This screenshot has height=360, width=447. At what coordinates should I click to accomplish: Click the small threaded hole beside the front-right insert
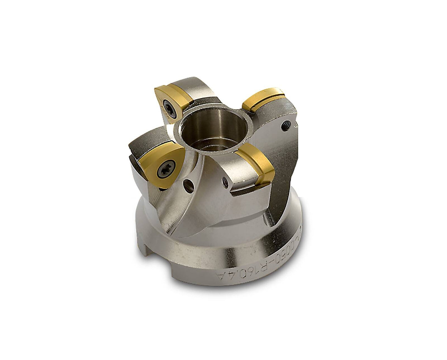click(x=225, y=180)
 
